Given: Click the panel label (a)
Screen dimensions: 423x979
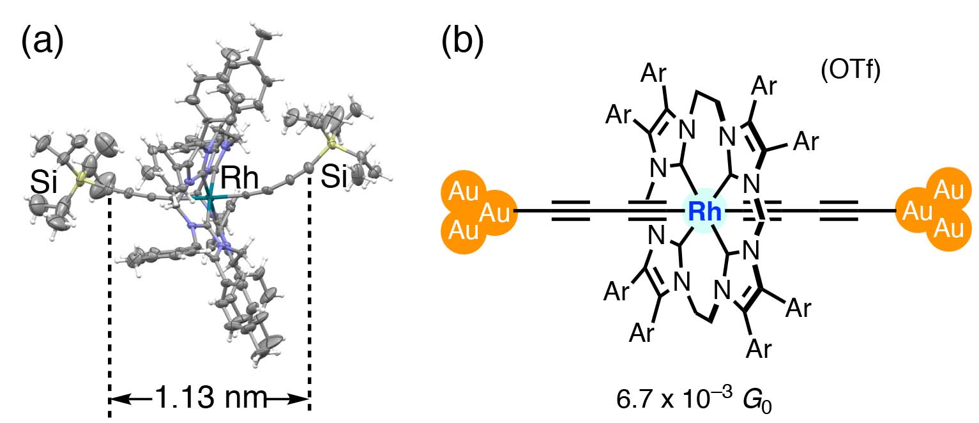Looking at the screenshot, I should [x=43, y=44].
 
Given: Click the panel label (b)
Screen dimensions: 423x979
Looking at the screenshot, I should [x=462, y=44].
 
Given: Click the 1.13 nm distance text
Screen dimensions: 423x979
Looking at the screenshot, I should [x=209, y=399].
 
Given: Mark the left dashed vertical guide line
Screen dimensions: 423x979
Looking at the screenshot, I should [x=110, y=294].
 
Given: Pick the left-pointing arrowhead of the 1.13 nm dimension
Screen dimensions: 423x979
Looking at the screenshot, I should [x=118, y=399].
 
